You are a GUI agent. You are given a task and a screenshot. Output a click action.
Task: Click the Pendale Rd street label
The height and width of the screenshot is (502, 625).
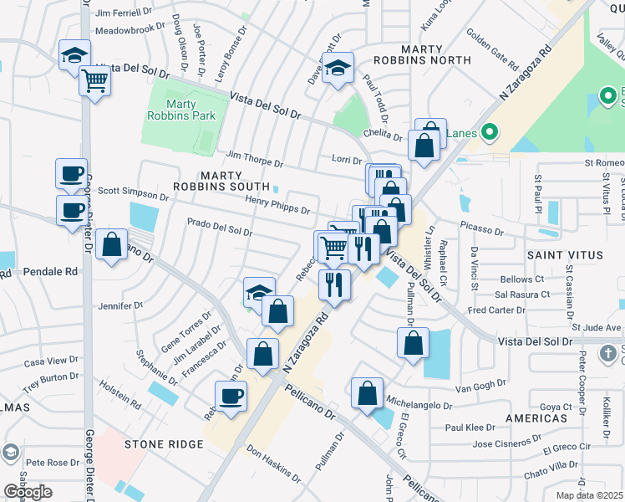pyautogui.click(x=50, y=272)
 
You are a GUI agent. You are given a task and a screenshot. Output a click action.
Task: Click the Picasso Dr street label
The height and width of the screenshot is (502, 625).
pyautogui.click(x=482, y=230)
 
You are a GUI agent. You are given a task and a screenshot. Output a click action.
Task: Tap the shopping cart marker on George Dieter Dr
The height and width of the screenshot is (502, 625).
pyautogui.click(x=94, y=81)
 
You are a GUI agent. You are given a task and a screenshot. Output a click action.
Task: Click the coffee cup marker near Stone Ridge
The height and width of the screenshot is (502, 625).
pyautogui.click(x=231, y=395)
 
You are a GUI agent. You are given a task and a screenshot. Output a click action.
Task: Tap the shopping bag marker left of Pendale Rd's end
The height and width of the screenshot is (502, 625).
pyautogui.click(x=111, y=245)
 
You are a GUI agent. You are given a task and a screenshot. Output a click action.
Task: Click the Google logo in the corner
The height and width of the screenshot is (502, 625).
pyautogui.click(x=28, y=492)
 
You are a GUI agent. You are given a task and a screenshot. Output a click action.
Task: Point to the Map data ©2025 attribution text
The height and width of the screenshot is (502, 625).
pyautogui.click(x=589, y=495)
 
